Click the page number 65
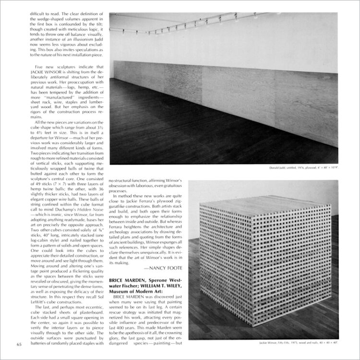coord(19,344)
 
